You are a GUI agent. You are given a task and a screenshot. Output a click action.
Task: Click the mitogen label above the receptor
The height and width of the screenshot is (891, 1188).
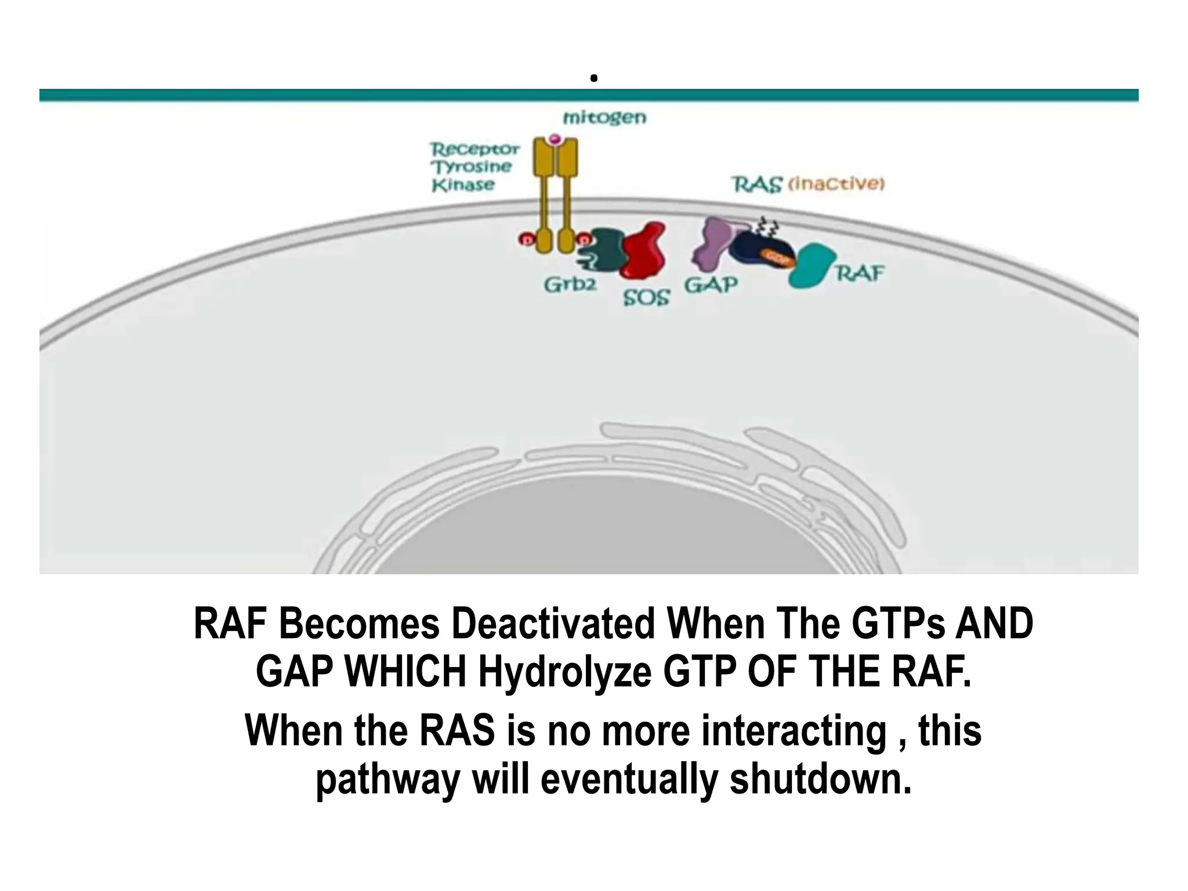(x=604, y=118)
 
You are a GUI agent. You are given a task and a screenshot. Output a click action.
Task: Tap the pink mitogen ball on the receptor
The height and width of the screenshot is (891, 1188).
(x=555, y=139)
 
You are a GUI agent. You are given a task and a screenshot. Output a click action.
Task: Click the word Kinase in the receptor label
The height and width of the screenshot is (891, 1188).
(x=463, y=185)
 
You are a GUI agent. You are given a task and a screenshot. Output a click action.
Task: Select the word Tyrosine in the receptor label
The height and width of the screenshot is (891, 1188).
(x=472, y=167)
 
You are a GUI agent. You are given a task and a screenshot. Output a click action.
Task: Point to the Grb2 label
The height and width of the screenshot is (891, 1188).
(x=570, y=285)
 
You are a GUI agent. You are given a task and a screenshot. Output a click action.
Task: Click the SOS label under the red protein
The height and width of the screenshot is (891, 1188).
(x=646, y=298)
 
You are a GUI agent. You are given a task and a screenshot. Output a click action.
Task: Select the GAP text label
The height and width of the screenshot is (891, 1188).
(x=711, y=285)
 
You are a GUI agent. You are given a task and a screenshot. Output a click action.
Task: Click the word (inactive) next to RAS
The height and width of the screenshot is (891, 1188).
(x=836, y=184)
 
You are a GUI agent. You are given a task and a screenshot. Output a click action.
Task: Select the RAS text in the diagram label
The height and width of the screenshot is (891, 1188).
(x=756, y=184)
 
